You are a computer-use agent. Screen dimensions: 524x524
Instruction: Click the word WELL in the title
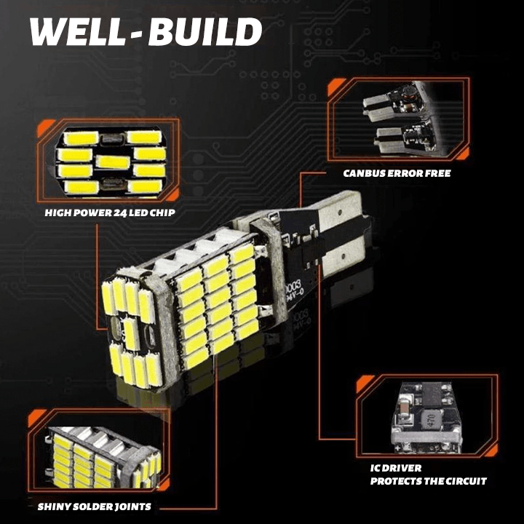click(x=78, y=33)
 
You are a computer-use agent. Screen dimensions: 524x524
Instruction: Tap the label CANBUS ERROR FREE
click(x=397, y=173)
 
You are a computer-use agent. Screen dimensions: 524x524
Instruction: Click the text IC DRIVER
click(x=396, y=468)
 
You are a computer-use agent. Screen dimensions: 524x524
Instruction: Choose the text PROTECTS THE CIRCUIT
click(x=428, y=481)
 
